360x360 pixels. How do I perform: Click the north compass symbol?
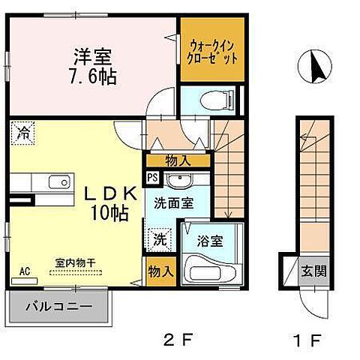[315, 67]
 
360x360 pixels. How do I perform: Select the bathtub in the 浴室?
[212, 271]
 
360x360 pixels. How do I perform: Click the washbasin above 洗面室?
[179, 180]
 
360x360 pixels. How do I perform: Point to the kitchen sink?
[59, 181]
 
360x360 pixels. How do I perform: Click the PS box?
[152, 178]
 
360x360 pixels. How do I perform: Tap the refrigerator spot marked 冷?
[22, 133]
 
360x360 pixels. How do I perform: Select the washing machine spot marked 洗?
[159, 239]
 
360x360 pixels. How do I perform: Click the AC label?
[25, 271]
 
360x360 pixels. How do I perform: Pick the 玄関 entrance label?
[313, 271]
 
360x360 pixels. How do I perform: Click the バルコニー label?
[59, 306]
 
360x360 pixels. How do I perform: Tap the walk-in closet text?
[212, 52]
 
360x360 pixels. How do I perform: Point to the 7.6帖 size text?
[93, 77]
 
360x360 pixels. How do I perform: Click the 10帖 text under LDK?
[109, 213]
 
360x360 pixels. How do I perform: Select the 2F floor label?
[178, 340]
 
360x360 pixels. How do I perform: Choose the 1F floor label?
[307, 340]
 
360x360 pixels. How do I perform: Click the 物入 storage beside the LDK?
[161, 271]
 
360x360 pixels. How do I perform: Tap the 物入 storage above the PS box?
[178, 160]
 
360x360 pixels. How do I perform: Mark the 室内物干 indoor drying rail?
[76, 272]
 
